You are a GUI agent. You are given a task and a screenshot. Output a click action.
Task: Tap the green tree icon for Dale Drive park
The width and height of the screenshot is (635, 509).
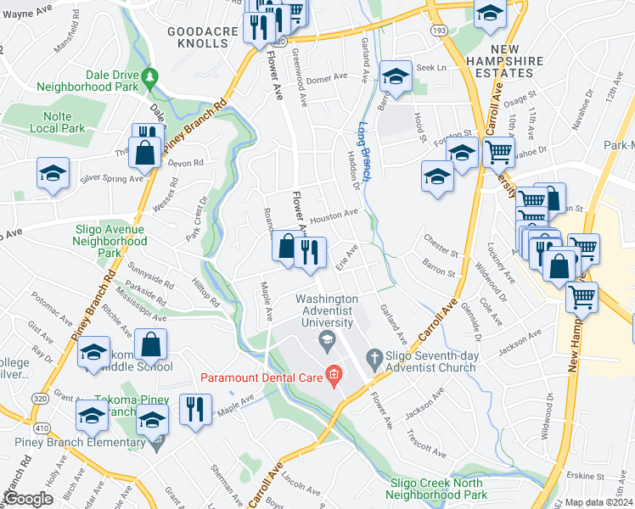(150, 76)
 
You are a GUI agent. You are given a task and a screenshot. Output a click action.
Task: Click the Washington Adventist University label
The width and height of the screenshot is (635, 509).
(326, 310)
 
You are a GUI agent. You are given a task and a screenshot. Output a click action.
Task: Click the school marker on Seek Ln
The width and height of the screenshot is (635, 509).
(395, 76)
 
